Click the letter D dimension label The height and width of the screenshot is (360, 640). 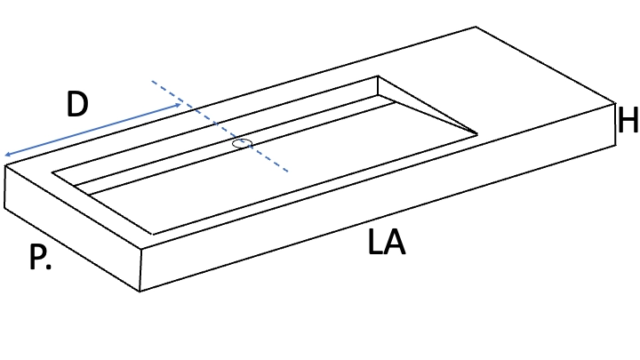tap(77, 104)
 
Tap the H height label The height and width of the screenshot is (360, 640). tap(628, 120)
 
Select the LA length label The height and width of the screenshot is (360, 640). tap(387, 242)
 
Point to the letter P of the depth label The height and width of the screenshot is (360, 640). tap(37, 257)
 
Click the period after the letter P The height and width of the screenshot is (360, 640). tap(49, 267)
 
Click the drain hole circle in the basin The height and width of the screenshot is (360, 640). tap(242, 143)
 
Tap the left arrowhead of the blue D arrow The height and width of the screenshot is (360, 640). tap(7, 155)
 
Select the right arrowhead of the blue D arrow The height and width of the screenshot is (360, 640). tap(178, 105)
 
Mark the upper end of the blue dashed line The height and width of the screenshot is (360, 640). tap(152, 81)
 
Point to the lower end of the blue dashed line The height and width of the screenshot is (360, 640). tap(288, 171)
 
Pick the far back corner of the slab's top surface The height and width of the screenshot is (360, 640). tap(476, 28)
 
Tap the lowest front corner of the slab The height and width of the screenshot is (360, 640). tap(140, 292)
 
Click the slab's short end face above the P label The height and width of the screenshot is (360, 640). tap(73, 228)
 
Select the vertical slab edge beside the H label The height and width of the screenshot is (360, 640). tap(615, 124)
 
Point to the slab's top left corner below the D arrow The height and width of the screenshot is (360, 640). tap(5, 165)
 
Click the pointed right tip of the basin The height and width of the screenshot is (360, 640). tap(477, 134)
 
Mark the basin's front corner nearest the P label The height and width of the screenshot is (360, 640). tap(153, 235)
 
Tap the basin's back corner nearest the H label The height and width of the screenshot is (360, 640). tap(378, 76)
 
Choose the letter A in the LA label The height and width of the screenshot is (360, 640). tap(395, 242)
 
